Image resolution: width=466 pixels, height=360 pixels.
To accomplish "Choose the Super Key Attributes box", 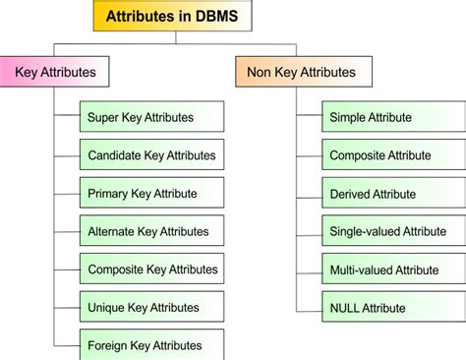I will pyautogui.click(x=151, y=117).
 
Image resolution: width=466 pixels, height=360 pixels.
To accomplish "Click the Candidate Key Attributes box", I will pyautogui.click(x=151, y=155).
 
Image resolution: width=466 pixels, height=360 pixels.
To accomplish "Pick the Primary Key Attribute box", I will pyautogui.click(x=151, y=194).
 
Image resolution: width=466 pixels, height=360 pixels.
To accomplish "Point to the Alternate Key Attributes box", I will pyautogui.click(x=151, y=232).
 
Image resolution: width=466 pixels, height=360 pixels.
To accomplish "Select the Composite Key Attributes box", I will pyautogui.click(x=151, y=270).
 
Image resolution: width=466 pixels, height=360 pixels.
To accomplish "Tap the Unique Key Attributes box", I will pyautogui.click(x=151, y=308).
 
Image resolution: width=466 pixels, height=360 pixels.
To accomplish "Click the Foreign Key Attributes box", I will pyautogui.click(x=151, y=345).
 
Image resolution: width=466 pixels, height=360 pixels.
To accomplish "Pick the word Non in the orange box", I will pyautogui.click(x=260, y=72).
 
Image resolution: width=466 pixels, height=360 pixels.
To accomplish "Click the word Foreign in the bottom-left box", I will pyautogui.click(x=109, y=345).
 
